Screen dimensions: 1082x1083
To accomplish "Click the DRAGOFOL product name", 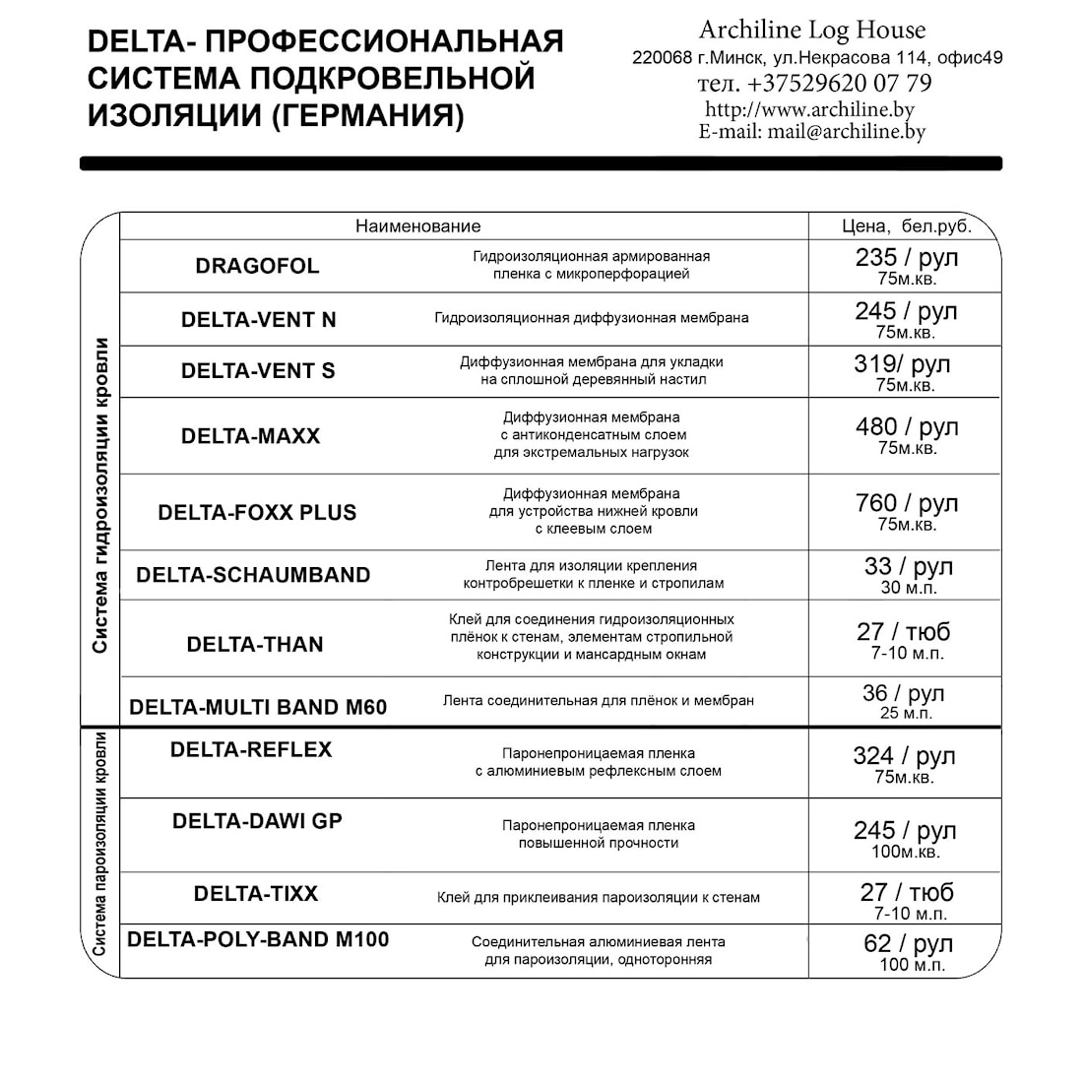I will tap(257, 266).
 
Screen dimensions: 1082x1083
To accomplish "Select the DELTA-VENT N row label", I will tap(258, 320).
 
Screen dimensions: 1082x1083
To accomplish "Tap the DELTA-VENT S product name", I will tap(258, 371).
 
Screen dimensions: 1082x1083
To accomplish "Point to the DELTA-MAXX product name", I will tap(250, 436).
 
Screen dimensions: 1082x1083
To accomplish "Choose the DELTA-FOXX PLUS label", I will tap(257, 513).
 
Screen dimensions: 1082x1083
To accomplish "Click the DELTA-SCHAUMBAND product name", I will tap(253, 575).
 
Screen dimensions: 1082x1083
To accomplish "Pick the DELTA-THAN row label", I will tap(255, 645).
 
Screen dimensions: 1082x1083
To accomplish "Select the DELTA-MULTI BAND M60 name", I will tap(258, 707).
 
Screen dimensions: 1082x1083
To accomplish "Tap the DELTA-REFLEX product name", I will tap(251, 750).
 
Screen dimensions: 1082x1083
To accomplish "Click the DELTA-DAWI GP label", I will tap(257, 821).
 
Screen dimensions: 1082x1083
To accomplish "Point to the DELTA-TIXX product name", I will tap(256, 894).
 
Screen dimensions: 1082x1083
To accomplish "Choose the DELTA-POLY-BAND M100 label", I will tap(258, 940).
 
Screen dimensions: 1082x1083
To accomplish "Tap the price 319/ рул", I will tap(902, 364).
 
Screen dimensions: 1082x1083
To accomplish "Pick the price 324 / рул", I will tap(904, 756).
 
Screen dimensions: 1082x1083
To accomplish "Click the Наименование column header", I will tap(418, 226).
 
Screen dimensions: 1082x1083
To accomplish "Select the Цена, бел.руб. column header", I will tap(907, 226).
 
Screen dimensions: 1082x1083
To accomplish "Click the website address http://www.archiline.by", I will tap(809, 109).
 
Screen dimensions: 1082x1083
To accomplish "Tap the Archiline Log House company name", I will tap(812, 31).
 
